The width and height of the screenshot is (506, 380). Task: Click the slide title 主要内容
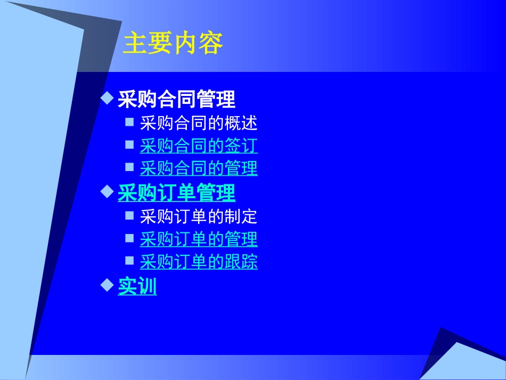(x=173, y=44)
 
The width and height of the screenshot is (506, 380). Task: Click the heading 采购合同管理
(x=176, y=99)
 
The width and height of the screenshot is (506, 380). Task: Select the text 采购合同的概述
(x=199, y=124)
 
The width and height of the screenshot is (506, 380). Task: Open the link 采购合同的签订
(x=199, y=145)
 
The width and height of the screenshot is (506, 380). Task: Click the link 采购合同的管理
(x=199, y=168)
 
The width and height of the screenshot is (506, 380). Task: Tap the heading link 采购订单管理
(x=176, y=193)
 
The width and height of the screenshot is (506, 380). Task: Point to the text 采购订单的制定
(x=199, y=216)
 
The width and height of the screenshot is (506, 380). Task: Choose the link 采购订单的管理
(x=199, y=239)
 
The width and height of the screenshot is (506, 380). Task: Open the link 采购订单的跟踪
(x=199, y=262)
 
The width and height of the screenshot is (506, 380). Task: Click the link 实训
(x=137, y=287)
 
